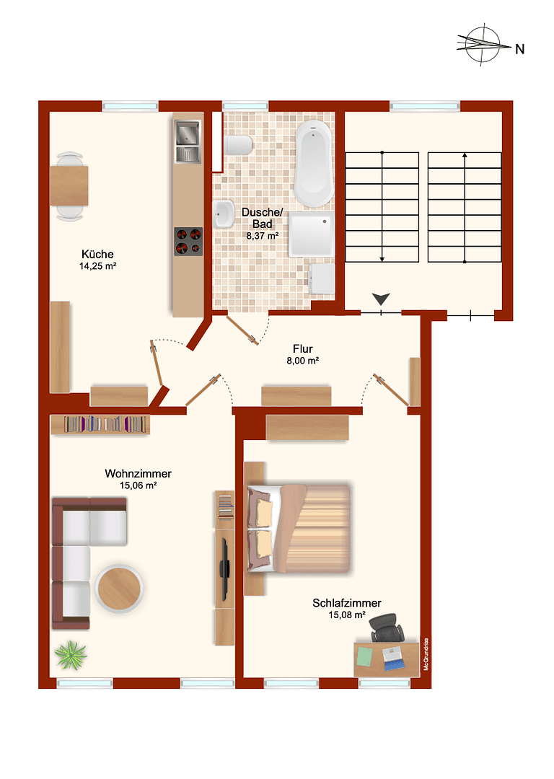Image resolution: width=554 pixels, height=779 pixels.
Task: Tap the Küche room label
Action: (97, 255)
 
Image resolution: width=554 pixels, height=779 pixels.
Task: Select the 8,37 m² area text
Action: (263, 235)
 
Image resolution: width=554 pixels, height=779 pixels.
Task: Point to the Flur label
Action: (302, 348)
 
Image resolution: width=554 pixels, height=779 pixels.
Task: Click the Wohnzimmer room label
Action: (138, 474)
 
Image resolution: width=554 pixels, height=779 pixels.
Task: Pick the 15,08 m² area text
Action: (347, 615)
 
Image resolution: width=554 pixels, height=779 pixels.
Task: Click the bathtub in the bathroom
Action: (314, 163)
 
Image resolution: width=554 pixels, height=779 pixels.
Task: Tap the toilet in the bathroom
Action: (238, 145)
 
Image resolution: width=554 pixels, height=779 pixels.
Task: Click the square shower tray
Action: (312, 234)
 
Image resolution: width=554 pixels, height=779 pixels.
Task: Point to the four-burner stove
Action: (188, 241)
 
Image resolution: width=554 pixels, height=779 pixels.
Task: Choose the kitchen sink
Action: (188, 143)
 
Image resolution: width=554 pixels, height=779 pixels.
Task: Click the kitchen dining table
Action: (70, 186)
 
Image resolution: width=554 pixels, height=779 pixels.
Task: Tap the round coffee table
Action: (119, 587)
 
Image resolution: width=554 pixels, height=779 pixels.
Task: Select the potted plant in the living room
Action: (71, 655)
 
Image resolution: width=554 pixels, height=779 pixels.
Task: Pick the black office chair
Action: (387, 627)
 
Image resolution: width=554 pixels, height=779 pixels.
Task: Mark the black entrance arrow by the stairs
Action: (380, 299)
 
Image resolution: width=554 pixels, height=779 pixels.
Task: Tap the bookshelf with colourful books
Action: (101, 425)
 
